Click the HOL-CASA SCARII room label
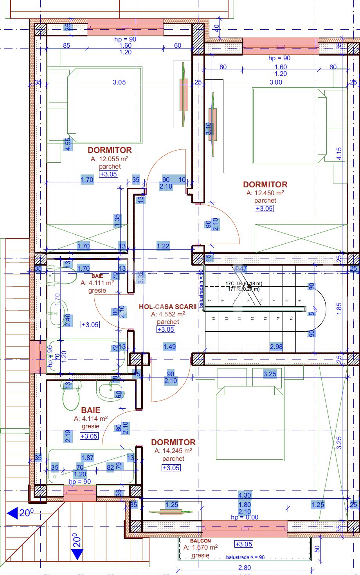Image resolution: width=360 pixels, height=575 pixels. click(167, 307)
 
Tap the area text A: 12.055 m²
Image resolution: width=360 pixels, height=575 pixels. click(110, 159)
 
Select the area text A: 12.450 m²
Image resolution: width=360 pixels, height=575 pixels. click(265, 193)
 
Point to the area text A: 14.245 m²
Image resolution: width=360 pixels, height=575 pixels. click(173, 451)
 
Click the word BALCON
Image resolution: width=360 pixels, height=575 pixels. click(200, 541)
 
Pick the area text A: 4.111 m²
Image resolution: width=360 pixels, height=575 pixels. click(97, 283)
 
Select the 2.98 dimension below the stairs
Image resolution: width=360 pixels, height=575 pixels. click(276, 347)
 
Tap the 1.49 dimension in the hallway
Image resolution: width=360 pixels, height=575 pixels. click(169, 347)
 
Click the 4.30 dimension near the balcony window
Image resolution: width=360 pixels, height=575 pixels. click(245, 495)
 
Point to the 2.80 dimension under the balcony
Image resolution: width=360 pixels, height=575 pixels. click(245, 568)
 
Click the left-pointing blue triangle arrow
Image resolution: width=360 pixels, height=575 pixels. click(13, 513)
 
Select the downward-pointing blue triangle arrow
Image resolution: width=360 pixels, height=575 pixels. click(77, 554)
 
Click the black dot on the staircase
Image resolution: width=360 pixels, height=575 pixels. click(249, 286)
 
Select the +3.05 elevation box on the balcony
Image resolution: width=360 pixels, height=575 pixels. click(244, 544)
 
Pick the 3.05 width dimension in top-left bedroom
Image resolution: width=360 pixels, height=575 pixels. click(119, 82)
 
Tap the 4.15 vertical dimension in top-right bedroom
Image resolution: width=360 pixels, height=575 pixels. click(339, 153)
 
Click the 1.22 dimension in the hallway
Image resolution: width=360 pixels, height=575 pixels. click(163, 246)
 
